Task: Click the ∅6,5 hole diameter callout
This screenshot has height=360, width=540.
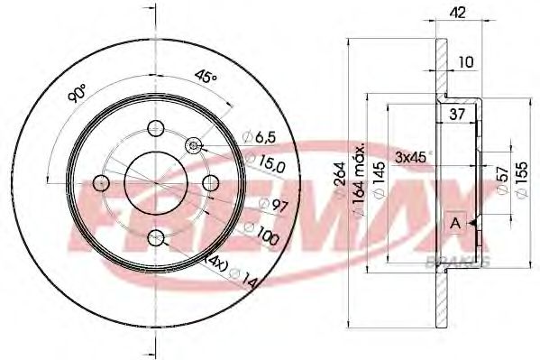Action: click(259, 137)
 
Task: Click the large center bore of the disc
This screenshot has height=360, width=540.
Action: click(156, 183)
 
